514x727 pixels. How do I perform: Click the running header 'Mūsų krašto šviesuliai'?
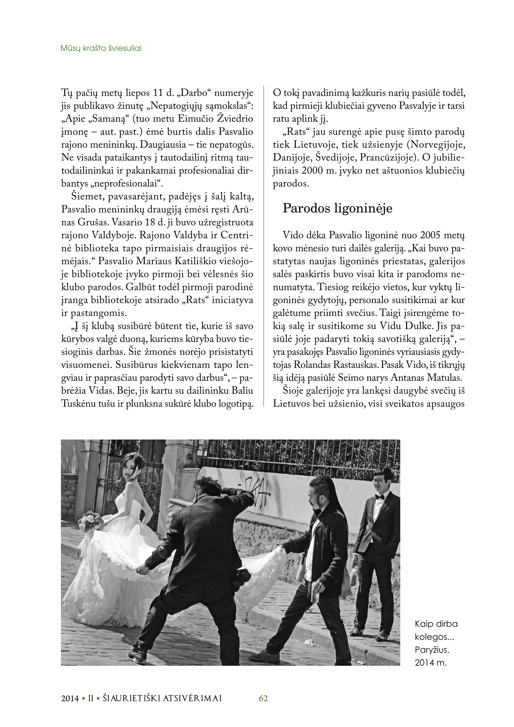tap(101, 48)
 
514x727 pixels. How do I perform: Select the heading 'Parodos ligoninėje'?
tap(337, 208)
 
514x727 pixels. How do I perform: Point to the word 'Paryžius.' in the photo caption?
tap(432, 650)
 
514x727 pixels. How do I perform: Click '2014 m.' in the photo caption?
tap(430, 663)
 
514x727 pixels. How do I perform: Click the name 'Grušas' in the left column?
tap(92, 222)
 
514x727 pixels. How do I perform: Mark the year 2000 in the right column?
tap(312, 171)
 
